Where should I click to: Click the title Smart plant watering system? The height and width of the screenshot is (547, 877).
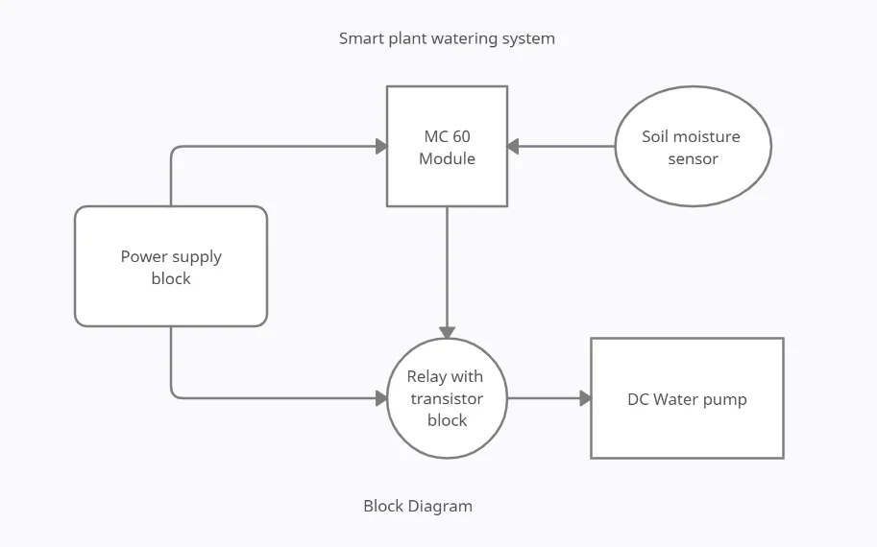(447, 38)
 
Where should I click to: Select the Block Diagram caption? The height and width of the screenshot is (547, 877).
(418, 506)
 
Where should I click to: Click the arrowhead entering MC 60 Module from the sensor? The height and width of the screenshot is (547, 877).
(513, 147)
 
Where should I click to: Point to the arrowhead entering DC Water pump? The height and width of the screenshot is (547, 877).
(585, 398)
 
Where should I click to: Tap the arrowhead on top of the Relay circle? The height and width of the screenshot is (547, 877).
(447, 332)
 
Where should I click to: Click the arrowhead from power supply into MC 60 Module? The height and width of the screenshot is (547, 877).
(381, 147)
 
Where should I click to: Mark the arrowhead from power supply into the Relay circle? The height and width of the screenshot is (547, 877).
(381, 398)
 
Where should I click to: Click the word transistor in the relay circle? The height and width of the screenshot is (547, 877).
(447, 398)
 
